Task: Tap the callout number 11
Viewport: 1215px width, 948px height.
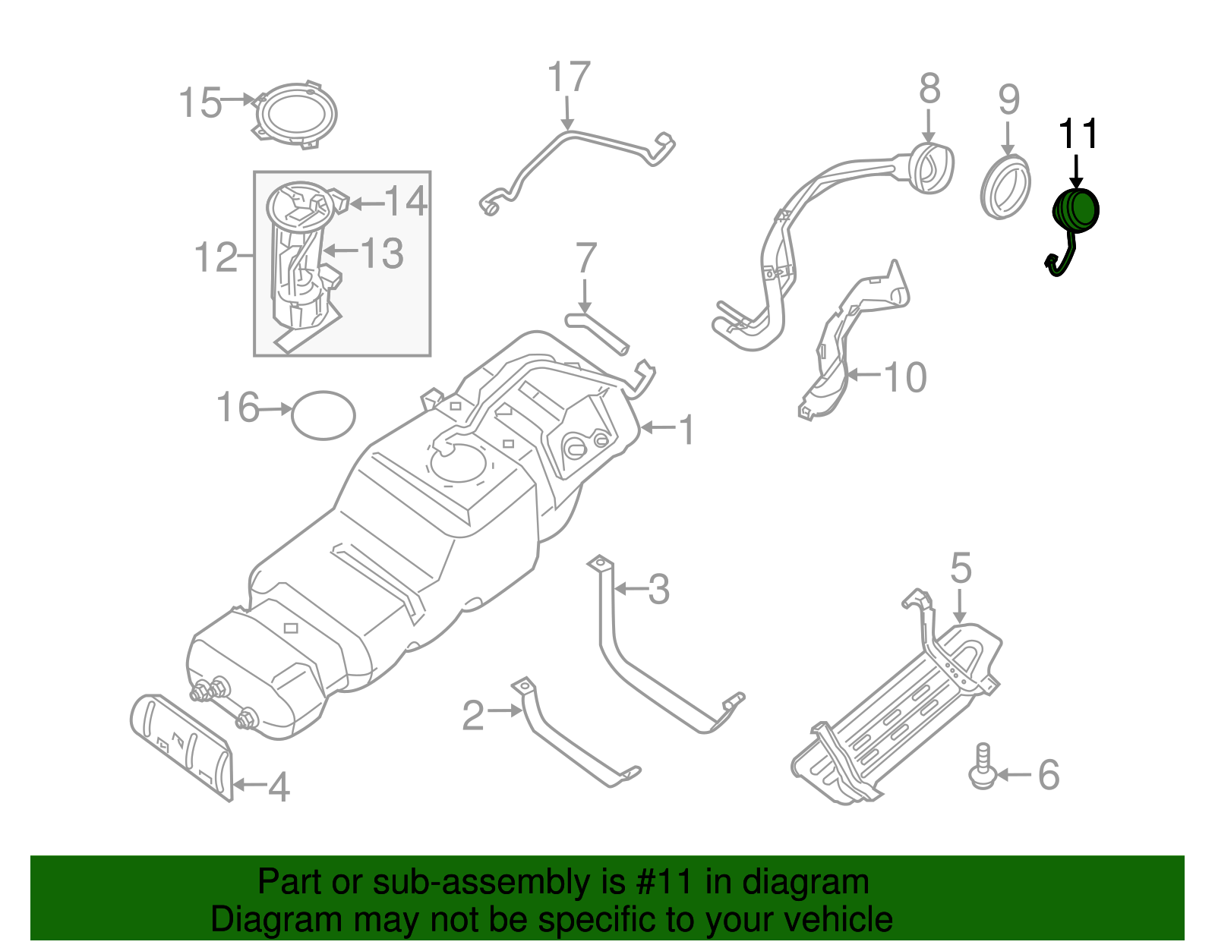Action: point(1078,135)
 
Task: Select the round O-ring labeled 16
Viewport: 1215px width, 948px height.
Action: point(323,414)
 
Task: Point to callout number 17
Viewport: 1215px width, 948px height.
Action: point(569,78)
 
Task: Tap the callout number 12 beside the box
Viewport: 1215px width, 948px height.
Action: point(216,257)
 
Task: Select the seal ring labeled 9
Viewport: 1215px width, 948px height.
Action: point(1005,187)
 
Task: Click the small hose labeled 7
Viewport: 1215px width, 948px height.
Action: point(597,332)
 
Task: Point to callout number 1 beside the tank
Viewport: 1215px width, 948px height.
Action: point(686,430)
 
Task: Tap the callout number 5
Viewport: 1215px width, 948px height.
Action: point(961,568)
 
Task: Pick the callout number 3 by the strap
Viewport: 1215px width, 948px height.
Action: point(658,590)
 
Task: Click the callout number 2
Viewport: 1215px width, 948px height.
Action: point(472,715)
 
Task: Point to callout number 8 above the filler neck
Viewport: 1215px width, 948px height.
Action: point(929,89)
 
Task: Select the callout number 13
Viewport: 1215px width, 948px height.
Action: point(381,253)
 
